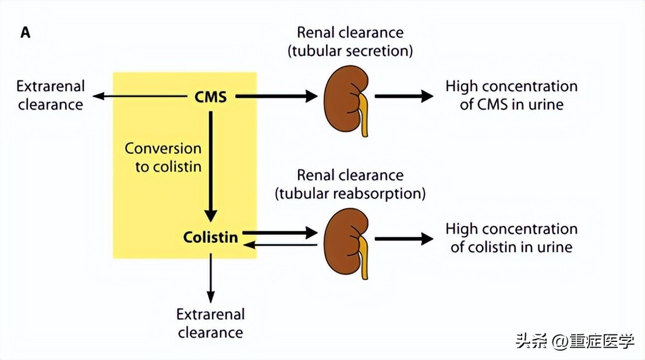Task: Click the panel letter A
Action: [26, 33]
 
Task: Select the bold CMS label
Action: [210, 97]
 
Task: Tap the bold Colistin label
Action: [210, 238]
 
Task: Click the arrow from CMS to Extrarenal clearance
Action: [140, 97]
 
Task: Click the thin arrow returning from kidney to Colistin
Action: [279, 245]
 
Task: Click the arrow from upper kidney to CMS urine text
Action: [403, 96]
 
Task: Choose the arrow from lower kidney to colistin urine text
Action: [403, 238]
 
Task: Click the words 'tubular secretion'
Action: [350, 51]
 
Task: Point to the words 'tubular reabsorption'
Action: [350, 193]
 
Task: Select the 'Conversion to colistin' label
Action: [164, 157]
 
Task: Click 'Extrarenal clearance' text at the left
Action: [51, 96]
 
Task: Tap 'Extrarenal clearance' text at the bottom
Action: [211, 323]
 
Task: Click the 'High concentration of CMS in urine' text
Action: [511, 96]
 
